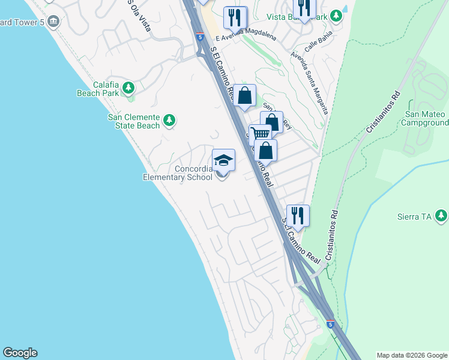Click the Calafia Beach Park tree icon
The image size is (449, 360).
(x=128, y=89)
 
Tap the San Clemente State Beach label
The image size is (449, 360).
(x=134, y=121)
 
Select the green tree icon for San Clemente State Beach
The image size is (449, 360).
(x=169, y=121)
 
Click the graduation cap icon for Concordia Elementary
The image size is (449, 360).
(x=223, y=160)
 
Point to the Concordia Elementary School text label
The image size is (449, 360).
(x=178, y=173)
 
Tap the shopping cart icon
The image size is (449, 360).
(x=260, y=134)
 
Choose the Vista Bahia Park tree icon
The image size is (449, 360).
(x=337, y=14)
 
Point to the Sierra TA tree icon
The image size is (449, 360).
(x=442, y=215)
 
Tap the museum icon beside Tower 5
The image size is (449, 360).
(x=53, y=22)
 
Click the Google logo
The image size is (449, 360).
(x=20, y=353)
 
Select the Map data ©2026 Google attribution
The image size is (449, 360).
(x=412, y=355)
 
